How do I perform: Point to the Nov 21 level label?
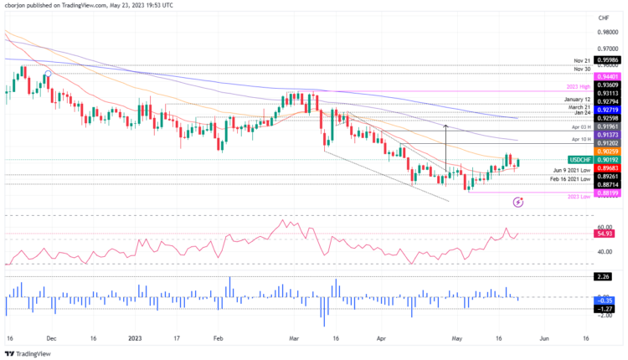click(583, 61)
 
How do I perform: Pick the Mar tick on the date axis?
click(294, 338)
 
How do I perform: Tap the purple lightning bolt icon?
click(518, 202)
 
